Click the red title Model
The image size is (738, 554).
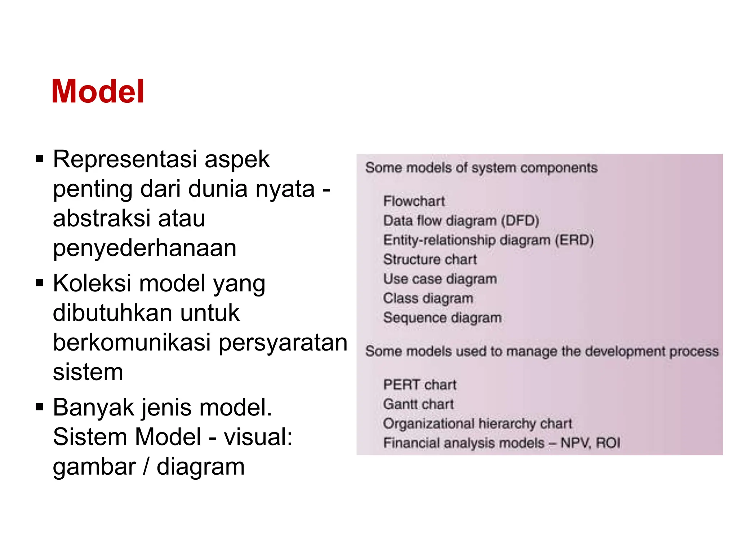coord(98,92)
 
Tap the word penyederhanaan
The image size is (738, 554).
coord(145,248)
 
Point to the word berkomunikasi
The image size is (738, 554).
coord(132,342)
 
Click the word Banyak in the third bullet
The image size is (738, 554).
coord(93,408)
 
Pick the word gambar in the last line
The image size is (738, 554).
coord(94,467)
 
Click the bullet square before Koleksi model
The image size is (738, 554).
coord(40,282)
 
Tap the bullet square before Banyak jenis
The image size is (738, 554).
coord(40,407)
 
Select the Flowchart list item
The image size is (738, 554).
coord(414,201)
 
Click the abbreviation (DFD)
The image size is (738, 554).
coord(520,221)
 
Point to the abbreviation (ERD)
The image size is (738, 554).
coord(574,240)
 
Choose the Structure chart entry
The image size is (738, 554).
coord(430,260)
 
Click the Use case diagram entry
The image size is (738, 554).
coord(440,279)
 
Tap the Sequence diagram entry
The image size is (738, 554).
coord(442,318)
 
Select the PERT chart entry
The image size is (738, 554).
coord(420,385)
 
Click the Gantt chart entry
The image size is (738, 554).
coord(418,404)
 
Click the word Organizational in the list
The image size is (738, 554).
coord(428,424)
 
